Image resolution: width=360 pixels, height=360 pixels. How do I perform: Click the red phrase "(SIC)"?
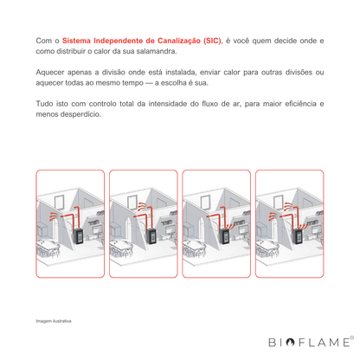(x=212, y=41)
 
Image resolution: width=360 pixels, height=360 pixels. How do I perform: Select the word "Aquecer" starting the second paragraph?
(x=49, y=73)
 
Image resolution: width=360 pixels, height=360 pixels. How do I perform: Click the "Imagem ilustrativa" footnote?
(x=54, y=321)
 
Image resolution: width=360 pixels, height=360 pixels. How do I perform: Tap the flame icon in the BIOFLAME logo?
(x=290, y=342)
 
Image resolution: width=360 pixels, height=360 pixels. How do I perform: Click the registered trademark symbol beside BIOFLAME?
(x=351, y=337)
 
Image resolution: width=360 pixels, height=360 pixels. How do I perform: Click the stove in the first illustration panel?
(x=79, y=236)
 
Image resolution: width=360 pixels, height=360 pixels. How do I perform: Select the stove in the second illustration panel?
(x=152, y=236)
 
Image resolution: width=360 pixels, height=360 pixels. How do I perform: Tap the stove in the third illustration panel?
(x=225, y=236)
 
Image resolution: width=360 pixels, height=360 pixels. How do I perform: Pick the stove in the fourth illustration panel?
(x=299, y=236)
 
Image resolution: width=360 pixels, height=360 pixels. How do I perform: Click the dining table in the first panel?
(x=48, y=247)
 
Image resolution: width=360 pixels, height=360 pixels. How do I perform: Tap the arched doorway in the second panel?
(x=128, y=228)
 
